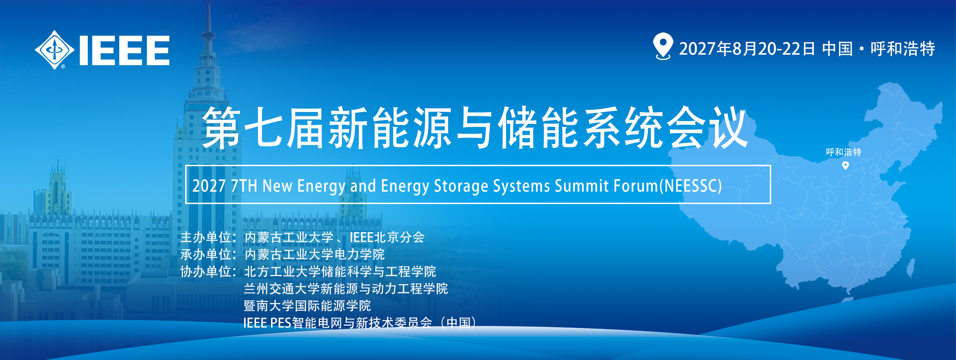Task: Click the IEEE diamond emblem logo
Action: click(x=55, y=50)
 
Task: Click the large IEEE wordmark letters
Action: click(x=124, y=50)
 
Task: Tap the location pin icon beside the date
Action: click(x=663, y=46)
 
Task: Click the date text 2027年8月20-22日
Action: click(x=747, y=49)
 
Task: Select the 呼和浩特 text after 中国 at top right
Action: click(x=903, y=49)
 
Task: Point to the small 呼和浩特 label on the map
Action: click(x=844, y=152)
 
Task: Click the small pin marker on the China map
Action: click(x=845, y=166)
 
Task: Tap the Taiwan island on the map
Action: click(x=911, y=268)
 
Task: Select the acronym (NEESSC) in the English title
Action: click(x=691, y=186)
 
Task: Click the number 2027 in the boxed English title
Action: click(x=209, y=186)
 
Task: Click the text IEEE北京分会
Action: click(x=387, y=237)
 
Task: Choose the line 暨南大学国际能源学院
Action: click(x=307, y=306)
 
